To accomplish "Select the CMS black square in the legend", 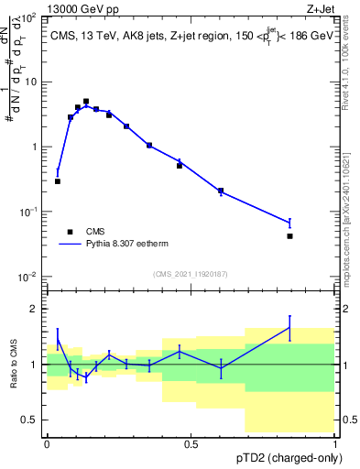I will (x=70, y=233).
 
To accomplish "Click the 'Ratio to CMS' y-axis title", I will (x=12, y=364).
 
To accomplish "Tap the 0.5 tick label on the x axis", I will (x=191, y=443).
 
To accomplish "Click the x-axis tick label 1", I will (x=335, y=443).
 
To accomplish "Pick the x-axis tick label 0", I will (x=47, y=443).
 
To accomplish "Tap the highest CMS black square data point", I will (x=86, y=102).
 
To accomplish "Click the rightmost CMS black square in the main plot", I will (x=289, y=236).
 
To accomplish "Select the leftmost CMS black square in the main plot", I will (x=58, y=181).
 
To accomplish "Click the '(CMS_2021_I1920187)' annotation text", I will (x=190, y=274).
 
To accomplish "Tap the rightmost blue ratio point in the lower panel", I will (x=289, y=328).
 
